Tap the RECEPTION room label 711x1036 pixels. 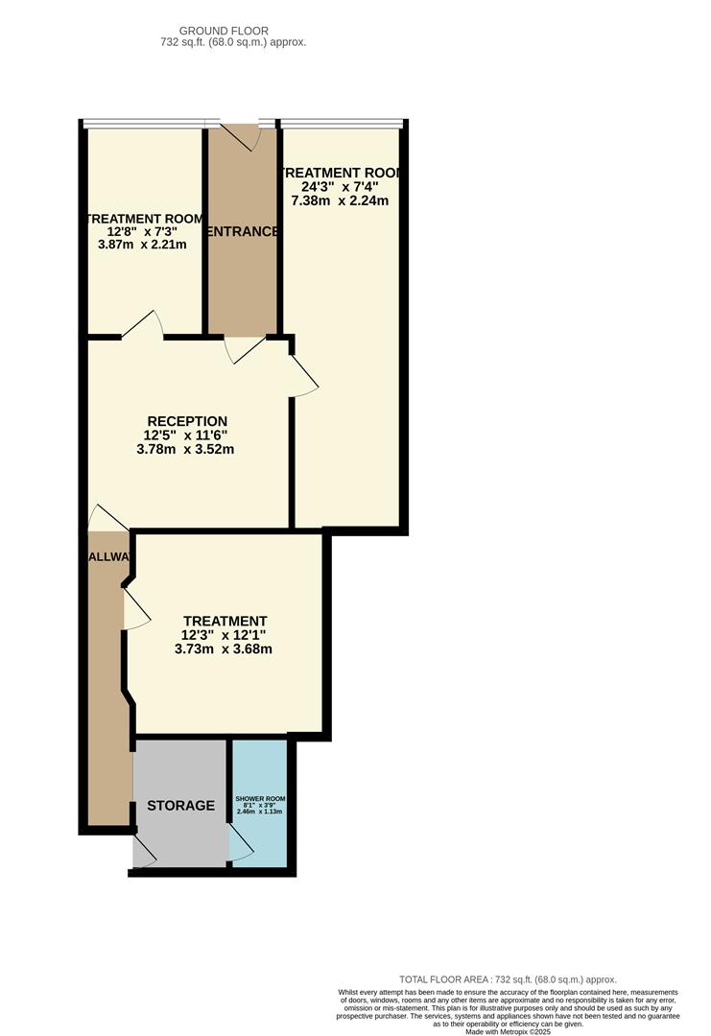pyautogui.click(x=187, y=421)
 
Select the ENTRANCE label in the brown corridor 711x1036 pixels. pyautogui.click(x=243, y=231)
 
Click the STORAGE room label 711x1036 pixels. pyautogui.click(x=181, y=805)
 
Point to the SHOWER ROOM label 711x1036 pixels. pyautogui.click(x=260, y=799)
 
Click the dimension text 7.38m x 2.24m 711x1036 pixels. pyautogui.click(x=340, y=200)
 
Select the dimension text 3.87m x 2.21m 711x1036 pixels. pyautogui.click(x=142, y=245)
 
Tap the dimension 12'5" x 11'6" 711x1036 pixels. pyautogui.click(x=186, y=435)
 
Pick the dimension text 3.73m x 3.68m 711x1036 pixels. pyautogui.click(x=224, y=648)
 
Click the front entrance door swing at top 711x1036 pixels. pyautogui.click(x=249, y=136)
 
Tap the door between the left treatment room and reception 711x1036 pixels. pyautogui.click(x=142, y=324)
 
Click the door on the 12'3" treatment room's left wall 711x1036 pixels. pyautogui.click(x=135, y=608)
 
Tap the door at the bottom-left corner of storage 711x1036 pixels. pyautogui.click(x=144, y=853)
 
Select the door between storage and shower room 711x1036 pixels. pyautogui.click(x=240, y=844)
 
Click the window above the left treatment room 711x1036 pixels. pyautogui.click(x=144, y=123)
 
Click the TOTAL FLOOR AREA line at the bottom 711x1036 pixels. pyautogui.click(x=508, y=979)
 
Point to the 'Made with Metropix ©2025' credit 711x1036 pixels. pyautogui.click(x=508, y=1031)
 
